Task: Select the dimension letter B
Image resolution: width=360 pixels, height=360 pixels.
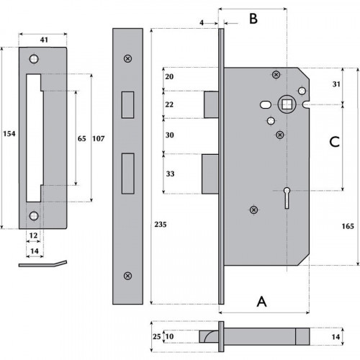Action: click(253, 19)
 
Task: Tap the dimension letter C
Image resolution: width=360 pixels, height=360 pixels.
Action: click(333, 142)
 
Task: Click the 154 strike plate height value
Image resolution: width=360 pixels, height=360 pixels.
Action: click(8, 134)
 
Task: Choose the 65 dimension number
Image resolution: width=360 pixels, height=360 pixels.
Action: click(82, 139)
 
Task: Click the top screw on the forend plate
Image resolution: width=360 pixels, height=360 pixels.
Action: click(127, 58)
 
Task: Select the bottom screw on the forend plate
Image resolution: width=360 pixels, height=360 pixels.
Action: click(127, 274)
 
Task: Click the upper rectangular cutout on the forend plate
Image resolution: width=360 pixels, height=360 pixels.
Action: click(127, 103)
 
